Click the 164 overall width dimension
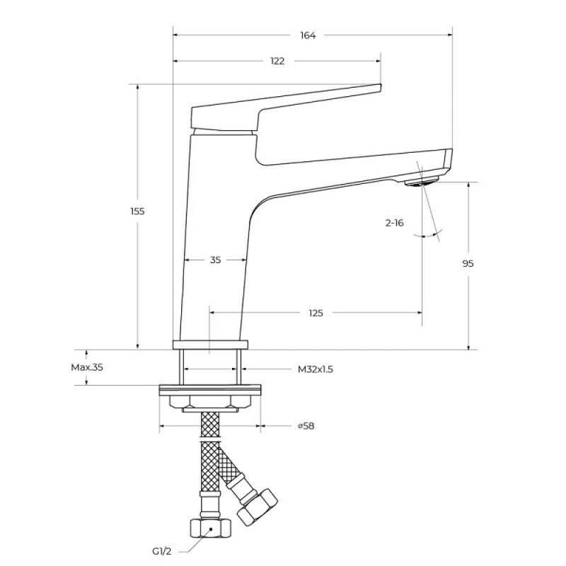coord(308,35)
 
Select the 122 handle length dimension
coord(277,61)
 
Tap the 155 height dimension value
coord(137,211)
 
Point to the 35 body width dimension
coord(215,260)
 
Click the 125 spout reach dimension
coord(316,313)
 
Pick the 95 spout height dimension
coord(468,263)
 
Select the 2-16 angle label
coord(394,223)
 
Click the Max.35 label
coord(87,367)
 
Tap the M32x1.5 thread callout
coord(315,369)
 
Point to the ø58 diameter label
coord(306,426)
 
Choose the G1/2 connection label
coord(162,551)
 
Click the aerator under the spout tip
coord(422,181)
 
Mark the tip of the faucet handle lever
coord(381,87)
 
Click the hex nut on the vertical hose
coord(210,529)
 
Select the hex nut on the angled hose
coord(258,507)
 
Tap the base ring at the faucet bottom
coord(210,345)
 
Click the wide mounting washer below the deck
coord(209,391)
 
